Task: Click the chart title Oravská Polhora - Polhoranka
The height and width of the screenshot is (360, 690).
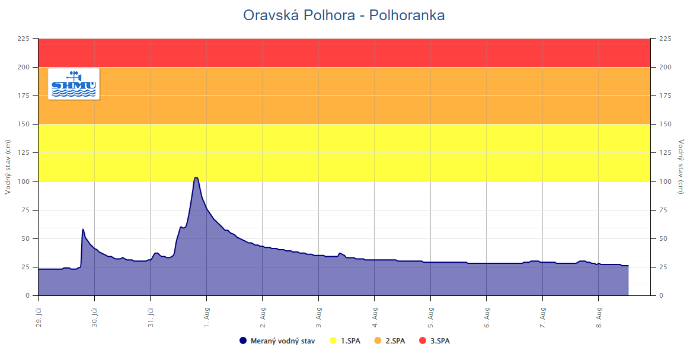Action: click(344, 15)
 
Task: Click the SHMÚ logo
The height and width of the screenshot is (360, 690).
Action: click(74, 84)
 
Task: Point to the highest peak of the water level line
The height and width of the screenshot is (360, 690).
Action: click(196, 177)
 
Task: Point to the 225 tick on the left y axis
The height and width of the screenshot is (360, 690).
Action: click(23, 39)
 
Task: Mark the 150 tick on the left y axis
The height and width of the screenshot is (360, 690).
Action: click(23, 124)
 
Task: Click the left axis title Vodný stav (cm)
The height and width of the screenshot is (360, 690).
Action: click(8, 167)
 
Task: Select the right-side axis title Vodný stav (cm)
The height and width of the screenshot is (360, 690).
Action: click(681, 167)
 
